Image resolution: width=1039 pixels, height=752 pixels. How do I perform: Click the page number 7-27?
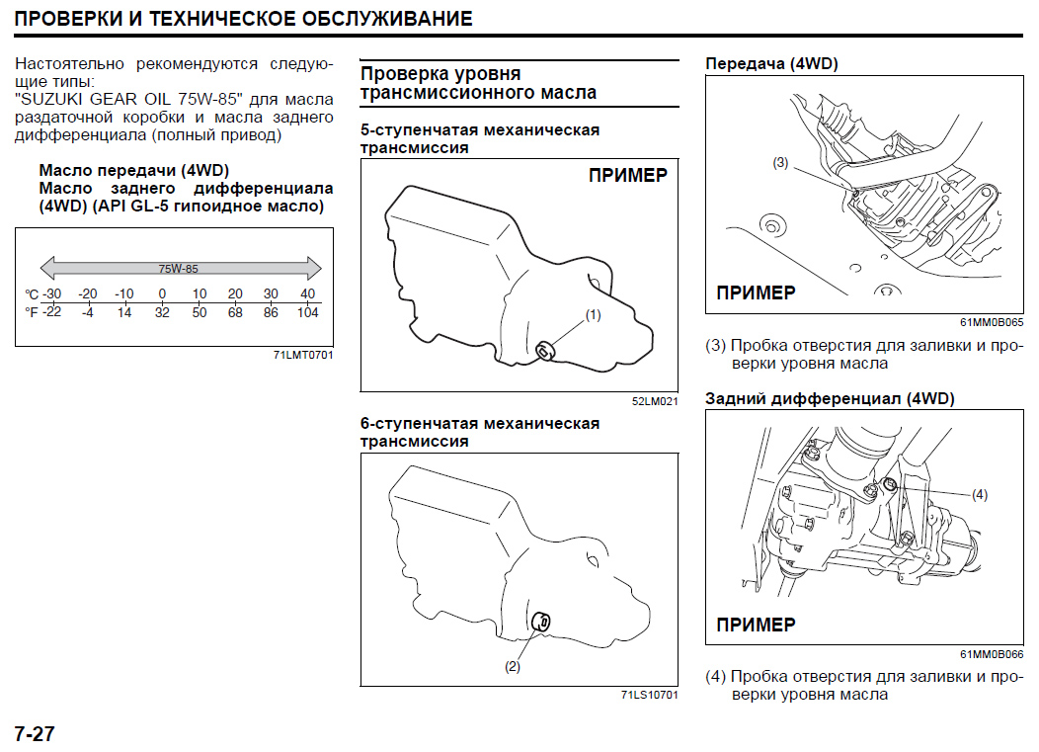(x=34, y=734)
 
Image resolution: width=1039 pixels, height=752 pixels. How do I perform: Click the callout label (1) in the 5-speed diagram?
(x=593, y=315)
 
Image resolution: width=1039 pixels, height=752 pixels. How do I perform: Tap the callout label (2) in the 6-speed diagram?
(x=512, y=666)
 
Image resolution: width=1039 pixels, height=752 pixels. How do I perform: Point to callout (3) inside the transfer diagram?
(x=780, y=163)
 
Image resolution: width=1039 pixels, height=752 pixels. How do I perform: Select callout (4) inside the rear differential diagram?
(x=980, y=494)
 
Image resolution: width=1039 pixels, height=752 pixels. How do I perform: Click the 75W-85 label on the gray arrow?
(x=179, y=268)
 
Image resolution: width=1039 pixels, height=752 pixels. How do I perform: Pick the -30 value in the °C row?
(x=51, y=294)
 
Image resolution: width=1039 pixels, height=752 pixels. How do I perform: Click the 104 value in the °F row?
(x=307, y=312)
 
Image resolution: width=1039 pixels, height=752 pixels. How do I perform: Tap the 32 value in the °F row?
(x=162, y=312)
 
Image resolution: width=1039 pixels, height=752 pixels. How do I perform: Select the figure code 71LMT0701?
(x=304, y=355)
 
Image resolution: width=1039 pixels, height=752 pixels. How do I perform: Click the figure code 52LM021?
(x=655, y=402)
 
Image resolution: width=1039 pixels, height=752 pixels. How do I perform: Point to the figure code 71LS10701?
(x=650, y=695)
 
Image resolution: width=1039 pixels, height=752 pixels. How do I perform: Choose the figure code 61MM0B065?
(x=992, y=322)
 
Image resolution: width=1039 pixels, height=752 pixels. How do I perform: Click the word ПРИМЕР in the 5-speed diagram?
(x=627, y=176)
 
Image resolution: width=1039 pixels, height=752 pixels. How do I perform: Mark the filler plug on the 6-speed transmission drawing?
(x=541, y=622)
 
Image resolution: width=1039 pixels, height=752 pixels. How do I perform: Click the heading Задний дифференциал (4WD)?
(x=830, y=398)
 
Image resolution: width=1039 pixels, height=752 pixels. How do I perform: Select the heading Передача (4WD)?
(x=771, y=64)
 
